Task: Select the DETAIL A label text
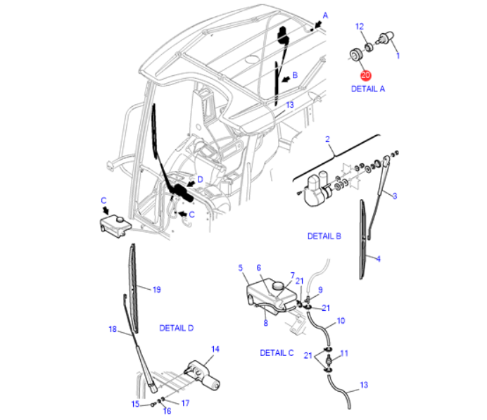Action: [368, 89]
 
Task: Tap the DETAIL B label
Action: [324, 236]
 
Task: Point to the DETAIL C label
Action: [277, 352]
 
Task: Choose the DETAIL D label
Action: [176, 328]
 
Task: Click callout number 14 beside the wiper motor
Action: [215, 349]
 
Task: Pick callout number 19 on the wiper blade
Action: [156, 289]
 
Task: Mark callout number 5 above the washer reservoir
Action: [240, 268]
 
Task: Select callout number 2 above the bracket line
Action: [328, 140]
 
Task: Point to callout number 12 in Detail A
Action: [360, 27]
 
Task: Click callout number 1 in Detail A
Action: [398, 55]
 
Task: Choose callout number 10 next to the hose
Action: [341, 321]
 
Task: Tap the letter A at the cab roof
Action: [325, 14]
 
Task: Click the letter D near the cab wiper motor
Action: [200, 179]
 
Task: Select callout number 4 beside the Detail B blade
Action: [378, 259]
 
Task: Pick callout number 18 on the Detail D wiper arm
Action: [111, 329]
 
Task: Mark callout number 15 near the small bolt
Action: [135, 404]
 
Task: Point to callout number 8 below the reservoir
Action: [265, 324]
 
